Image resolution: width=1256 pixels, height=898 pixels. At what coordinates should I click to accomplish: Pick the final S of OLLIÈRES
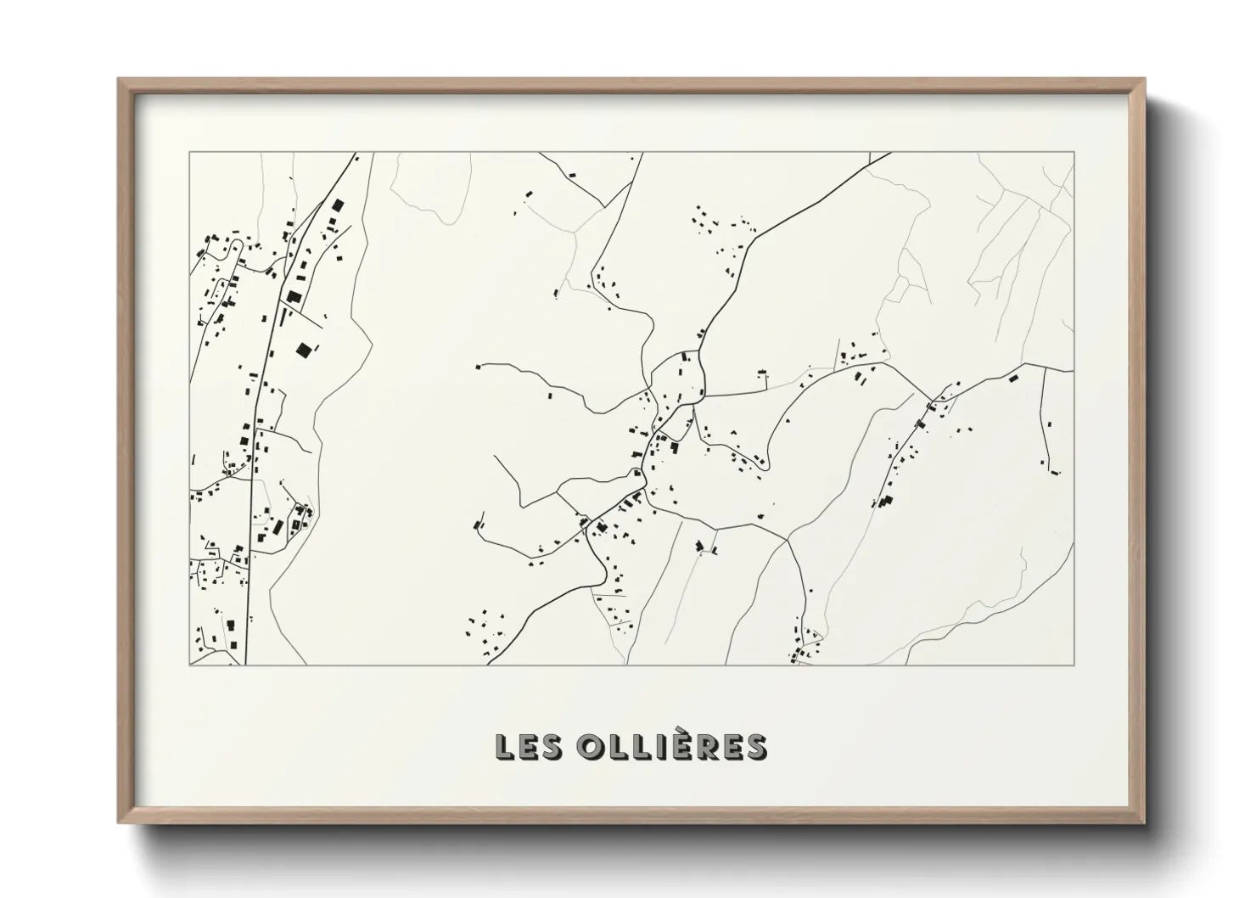tap(756, 748)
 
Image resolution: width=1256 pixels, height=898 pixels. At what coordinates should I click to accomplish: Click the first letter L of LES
tap(505, 748)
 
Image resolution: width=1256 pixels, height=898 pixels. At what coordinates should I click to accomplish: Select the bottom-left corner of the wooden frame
tap(120, 822)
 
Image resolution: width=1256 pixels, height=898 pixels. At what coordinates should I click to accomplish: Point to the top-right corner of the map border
tap(1074, 153)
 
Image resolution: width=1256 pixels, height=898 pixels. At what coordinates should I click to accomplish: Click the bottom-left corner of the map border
tap(189, 665)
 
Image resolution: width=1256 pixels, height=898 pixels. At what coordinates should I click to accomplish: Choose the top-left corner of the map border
tap(189, 153)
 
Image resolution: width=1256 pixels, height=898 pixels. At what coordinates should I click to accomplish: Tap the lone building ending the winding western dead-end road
tap(478, 367)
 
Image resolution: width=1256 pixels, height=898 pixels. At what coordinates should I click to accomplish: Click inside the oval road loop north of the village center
tap(679, 373)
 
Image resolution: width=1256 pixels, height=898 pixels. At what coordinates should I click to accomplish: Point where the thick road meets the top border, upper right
tap(889, 154)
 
